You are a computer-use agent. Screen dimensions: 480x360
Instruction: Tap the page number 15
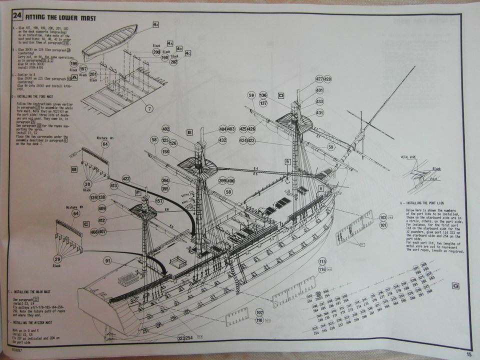coord(468,354)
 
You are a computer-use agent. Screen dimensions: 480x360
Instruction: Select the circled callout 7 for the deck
coord(149,108)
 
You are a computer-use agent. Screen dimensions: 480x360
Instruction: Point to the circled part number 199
coord(74,64)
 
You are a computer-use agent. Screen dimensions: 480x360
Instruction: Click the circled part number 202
coord(173,62)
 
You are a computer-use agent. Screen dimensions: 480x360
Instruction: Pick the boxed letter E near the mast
coord(189,132)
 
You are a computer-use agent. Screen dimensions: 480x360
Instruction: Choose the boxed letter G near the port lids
coord(455,286)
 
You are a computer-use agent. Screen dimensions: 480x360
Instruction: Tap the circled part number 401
coord(319,90)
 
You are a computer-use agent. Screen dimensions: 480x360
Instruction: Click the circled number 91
coord(107,260)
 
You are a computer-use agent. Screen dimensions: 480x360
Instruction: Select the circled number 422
coord(125,178)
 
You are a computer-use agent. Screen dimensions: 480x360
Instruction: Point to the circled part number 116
coord(322,269)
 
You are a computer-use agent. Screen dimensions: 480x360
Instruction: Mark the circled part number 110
coord(259,320)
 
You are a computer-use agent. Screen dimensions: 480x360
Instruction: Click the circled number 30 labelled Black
coord(88,184)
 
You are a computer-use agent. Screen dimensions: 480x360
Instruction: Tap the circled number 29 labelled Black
coord(57,259)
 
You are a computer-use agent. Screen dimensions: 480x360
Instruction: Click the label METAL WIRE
coord(408,157)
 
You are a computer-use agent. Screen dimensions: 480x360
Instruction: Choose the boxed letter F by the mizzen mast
coord(137,192)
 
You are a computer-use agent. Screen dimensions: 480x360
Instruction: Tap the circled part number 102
coord(383,217)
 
